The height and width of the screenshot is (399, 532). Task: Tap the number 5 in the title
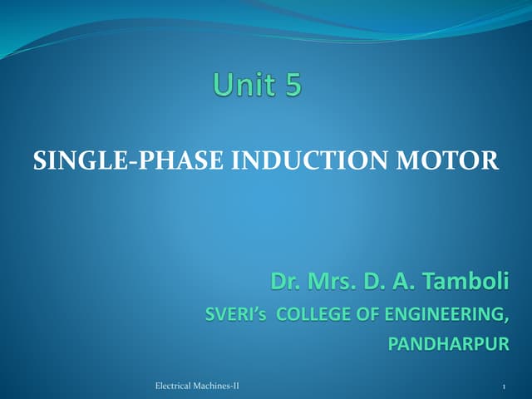tap(292, 86)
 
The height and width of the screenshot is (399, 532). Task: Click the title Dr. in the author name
tap(284, 282)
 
